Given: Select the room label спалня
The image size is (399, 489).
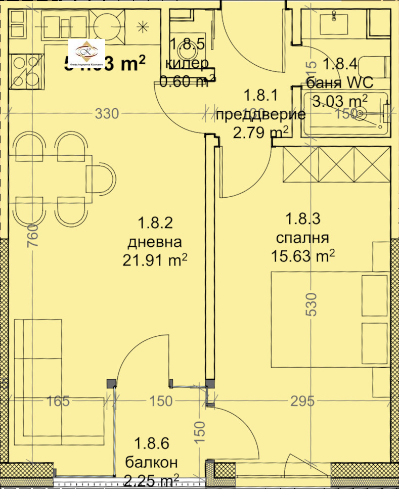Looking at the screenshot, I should (302, 238).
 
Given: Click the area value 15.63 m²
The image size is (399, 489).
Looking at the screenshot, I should (302, 256).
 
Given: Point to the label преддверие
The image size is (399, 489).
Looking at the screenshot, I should (260, 114).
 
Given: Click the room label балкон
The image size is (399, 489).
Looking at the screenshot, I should (151, 462).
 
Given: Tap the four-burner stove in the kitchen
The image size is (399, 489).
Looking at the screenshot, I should (26, 71).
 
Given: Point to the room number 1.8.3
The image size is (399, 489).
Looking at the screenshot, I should (302, 219).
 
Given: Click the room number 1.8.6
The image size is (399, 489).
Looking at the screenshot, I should (151, 444).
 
